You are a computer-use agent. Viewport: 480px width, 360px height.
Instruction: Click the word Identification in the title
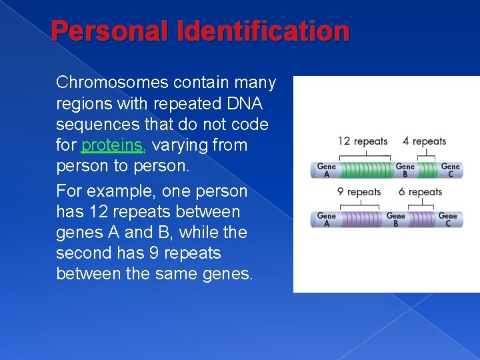(268, 31)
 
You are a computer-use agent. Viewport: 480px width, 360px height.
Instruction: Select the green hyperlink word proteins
(112, 145)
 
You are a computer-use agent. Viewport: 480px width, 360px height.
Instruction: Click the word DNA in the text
(245, 104)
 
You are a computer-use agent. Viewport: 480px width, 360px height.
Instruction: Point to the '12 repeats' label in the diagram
(363, 141)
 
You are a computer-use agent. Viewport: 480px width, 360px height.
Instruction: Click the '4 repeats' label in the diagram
(424, 141)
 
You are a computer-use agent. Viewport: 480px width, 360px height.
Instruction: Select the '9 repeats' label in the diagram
(359, 192)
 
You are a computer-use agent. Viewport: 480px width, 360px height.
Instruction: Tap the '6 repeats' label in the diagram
(420, 192)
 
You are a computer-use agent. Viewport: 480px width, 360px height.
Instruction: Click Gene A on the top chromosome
(327, 170)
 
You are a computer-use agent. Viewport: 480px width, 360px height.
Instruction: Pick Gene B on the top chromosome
(405, 170)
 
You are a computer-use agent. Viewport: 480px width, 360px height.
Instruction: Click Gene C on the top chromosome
(450, 170)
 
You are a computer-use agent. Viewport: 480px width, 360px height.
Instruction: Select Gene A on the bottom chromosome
(327, 219)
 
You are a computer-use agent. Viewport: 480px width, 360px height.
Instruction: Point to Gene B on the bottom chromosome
(395, 219)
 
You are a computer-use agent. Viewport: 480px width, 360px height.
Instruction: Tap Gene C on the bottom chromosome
(447, 219)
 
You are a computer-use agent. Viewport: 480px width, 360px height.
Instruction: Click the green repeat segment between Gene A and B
(365, 170)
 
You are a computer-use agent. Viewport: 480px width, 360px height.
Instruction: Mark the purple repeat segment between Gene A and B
(360, 219)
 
